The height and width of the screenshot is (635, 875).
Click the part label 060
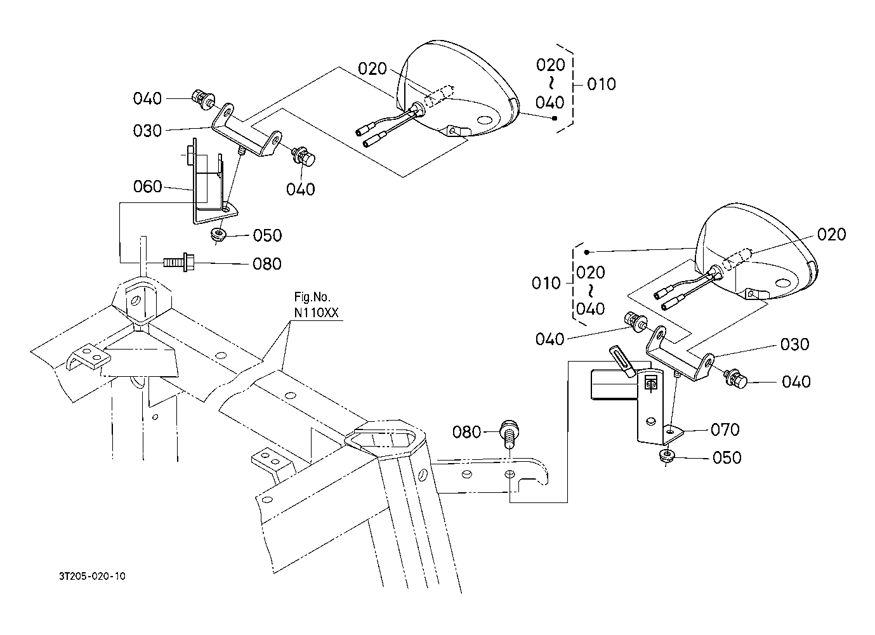coord(147,187)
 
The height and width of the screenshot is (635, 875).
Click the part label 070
coord(725,430)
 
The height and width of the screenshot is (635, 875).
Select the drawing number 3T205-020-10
coord(92,576)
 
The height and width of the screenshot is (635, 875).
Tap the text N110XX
coord(317,312)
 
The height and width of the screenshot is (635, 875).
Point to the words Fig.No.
coord(312,297)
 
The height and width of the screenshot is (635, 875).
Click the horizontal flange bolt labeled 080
coord(178,263)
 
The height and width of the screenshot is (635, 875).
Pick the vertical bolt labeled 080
coord(509,434)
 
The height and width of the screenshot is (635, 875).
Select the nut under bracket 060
coord(218,235)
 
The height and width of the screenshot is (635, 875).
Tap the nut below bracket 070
coord(666,455)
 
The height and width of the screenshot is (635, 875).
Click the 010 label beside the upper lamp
coord(602,84)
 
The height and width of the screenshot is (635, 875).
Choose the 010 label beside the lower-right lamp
coord(546,283)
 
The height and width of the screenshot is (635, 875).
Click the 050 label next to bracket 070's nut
coord(727,458)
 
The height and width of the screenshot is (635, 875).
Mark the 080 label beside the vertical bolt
coord(466,432)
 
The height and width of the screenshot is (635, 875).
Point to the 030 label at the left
coord(147,131)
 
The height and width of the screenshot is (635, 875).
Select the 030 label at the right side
coord(795,344)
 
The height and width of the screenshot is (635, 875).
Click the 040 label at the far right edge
coord(796,381)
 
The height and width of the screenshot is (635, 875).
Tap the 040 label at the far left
coord(147,98)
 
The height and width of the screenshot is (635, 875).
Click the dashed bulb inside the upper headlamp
coord(438,96)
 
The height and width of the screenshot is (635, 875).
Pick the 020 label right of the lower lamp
coord(832,234)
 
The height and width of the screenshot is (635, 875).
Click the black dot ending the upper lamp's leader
coord(555,119)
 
